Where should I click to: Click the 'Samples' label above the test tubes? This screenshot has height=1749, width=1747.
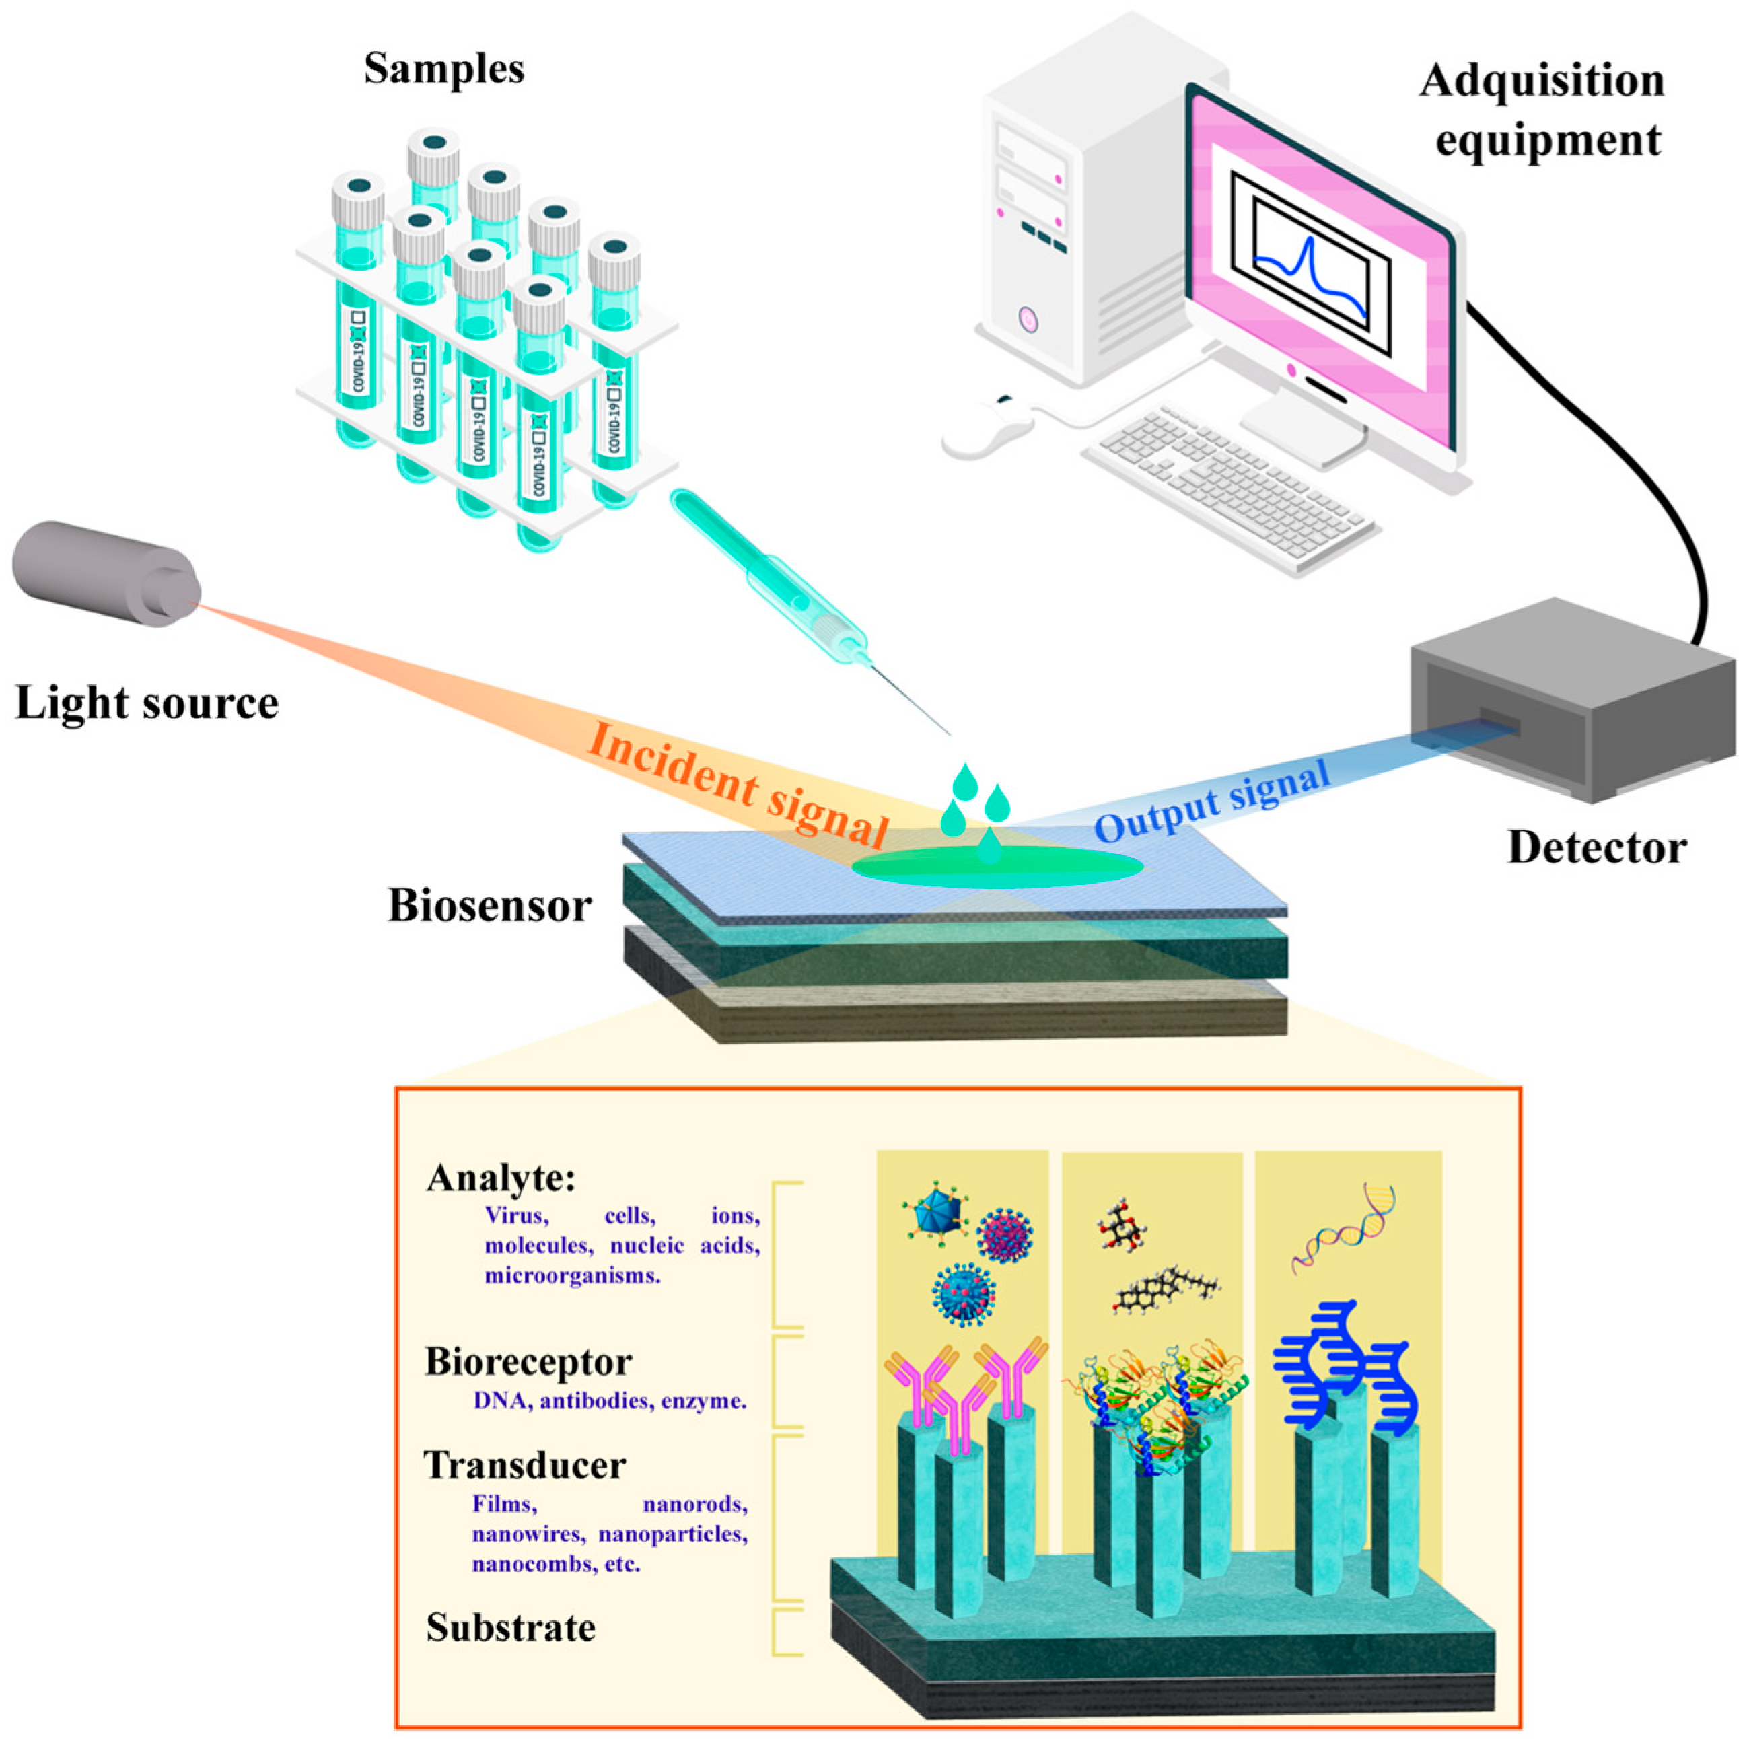point(443,69)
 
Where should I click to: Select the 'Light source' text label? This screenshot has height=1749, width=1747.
point(147,703)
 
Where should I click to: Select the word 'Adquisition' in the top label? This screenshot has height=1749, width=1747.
point(1542,81)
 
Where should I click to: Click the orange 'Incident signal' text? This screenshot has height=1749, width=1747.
point(738,783)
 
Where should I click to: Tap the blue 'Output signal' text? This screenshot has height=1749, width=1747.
point(1213,801)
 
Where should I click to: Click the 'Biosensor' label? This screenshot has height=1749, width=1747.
point(490,905)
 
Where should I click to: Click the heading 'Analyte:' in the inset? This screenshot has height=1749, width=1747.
point(501,1179)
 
